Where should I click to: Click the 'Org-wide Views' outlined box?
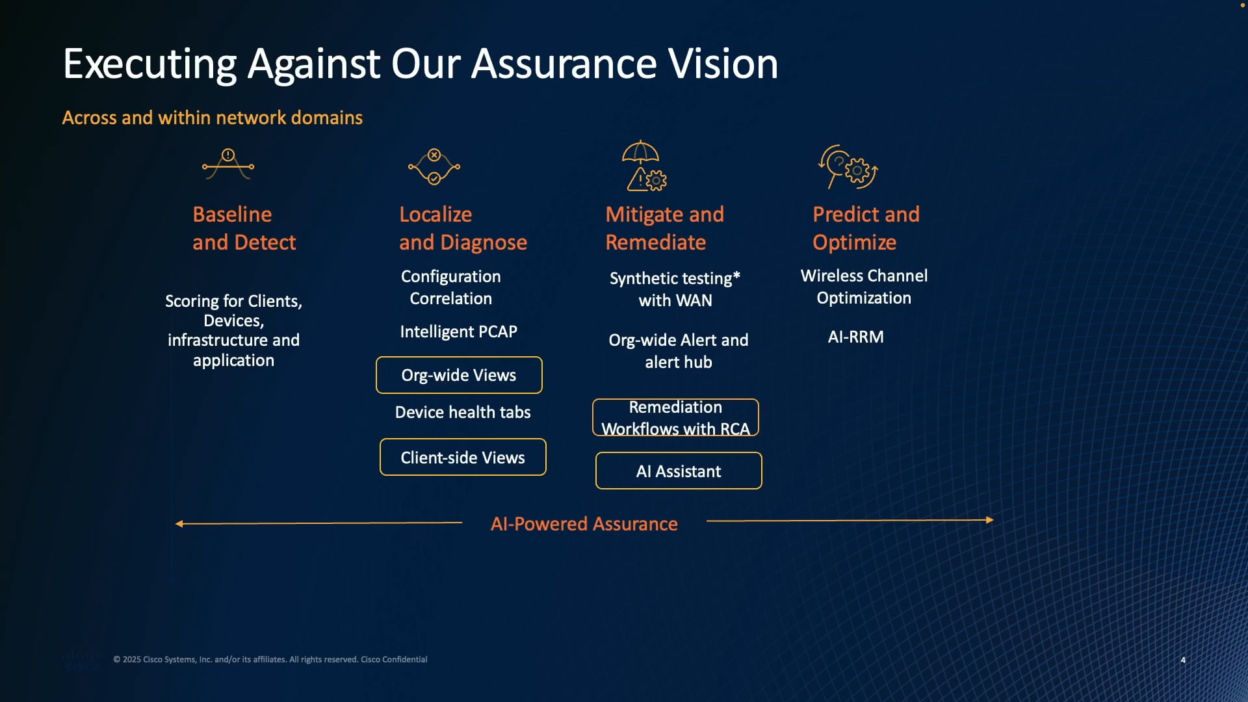[459, 375]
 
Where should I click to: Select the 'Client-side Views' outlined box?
[463, 458]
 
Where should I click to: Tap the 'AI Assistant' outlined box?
[679, 471]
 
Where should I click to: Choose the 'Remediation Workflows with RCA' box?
[675, 417]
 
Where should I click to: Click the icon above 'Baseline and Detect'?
[228, 164]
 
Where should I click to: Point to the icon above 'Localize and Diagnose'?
[434, 167]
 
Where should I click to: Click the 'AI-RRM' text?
[855, 337]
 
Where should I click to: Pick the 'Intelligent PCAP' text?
[458, 331]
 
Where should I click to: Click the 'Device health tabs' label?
[463, 412]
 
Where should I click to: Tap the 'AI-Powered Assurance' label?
[584, 524]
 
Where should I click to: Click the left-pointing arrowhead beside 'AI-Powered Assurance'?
[179, 524]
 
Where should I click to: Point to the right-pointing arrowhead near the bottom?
[989, 520]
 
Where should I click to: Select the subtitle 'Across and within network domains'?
[212, 118]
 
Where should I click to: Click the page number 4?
[1183, 660]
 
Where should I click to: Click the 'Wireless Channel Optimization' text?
[864, 287]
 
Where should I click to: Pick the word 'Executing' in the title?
[149, 64]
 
